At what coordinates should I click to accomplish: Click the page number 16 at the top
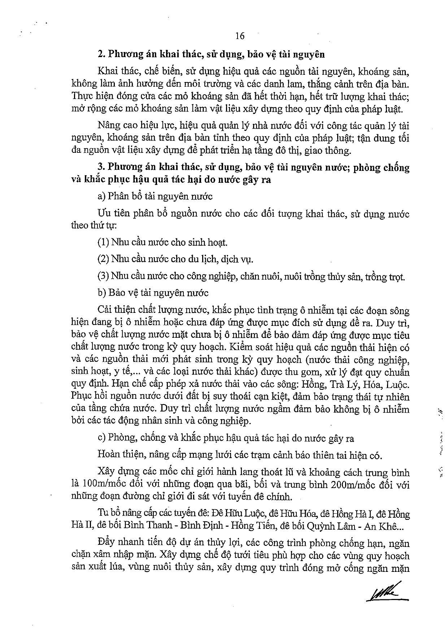click(240, 36)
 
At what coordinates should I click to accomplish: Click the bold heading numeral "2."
click(101, 55)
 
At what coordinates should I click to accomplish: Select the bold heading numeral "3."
click(101, 167)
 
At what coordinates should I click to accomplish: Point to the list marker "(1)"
click(103, 242)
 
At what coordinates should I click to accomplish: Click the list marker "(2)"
click(103, 259)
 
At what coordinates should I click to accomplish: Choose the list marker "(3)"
click(103, 277)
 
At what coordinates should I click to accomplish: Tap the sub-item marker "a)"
click(101, 196)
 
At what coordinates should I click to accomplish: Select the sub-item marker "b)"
click(101, 293)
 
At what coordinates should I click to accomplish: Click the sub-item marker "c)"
click(101, 438)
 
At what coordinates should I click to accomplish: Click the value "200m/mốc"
click(348, 484)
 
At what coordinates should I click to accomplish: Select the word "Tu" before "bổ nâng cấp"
click(103, 514)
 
